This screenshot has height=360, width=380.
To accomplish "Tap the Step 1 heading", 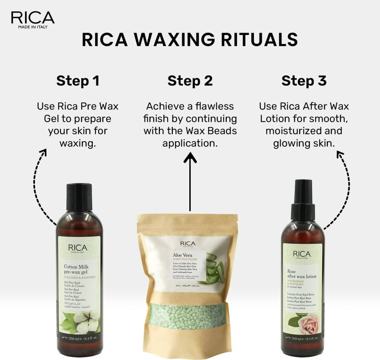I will (x=78, y=81).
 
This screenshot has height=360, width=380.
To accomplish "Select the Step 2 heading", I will (x=190, y=81).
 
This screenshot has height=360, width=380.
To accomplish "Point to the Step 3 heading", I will (x=304, y=81).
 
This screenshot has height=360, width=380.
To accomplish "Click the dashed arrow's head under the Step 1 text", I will (x=43, y=153).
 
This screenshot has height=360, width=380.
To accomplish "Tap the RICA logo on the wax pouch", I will (x=188, y=243).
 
